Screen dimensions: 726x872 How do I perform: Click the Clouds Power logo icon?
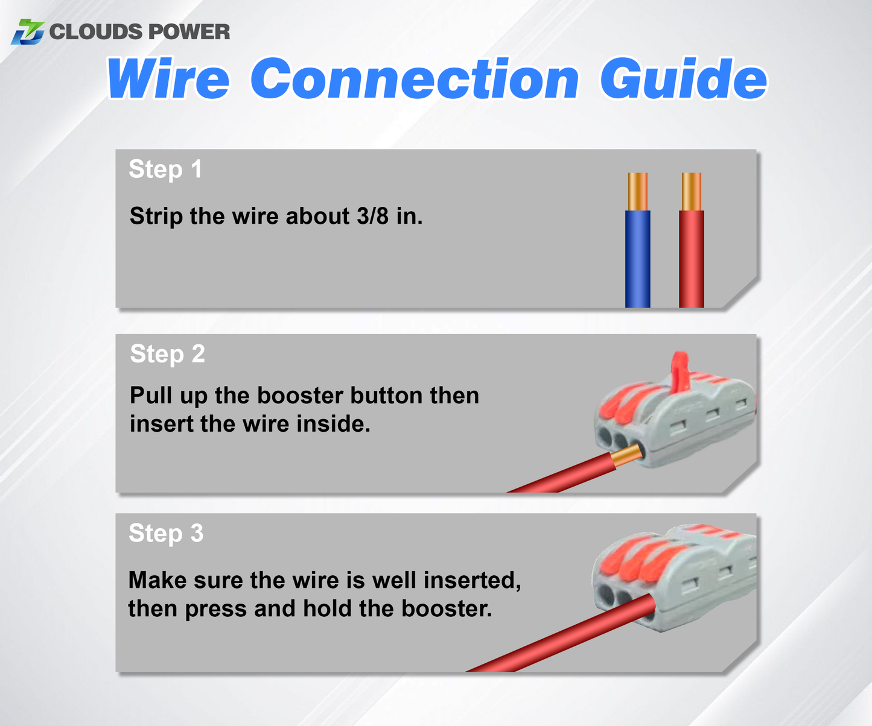(28, 31)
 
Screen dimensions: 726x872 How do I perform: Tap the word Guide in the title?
(683, 80)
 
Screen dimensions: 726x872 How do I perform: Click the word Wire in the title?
(168, 80)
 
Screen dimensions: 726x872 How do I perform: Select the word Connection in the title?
(415, 80)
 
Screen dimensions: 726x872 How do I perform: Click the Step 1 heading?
(165, 169)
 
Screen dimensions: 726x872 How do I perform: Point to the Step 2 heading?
(167, 354)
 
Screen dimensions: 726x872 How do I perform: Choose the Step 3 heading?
(166, 534)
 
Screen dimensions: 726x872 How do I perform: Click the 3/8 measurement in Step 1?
(372, 216)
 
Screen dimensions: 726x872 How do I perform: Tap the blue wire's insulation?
(638, 259)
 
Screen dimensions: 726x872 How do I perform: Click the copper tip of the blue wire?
(638, 191)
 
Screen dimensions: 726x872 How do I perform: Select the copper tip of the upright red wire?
(692, 191)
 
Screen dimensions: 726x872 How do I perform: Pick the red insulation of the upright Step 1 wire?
(692, 259)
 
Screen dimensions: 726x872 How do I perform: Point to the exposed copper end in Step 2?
(626, 456)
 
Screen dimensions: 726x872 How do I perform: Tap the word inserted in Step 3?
(472, 580)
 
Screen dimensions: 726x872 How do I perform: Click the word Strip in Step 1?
(156, 216)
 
